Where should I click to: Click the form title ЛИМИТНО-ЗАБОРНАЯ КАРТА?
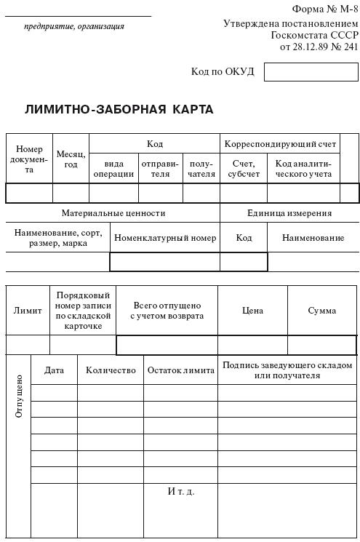coord(119,110)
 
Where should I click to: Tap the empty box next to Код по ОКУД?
coord(311,71)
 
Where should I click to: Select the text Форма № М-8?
coord(325,9)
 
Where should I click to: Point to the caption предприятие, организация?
coord(74,26)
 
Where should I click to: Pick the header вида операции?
coord(114,169)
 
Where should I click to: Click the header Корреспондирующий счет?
coord(280,144)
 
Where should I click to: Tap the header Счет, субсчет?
coord(243,169)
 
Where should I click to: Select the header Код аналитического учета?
coord(303,169)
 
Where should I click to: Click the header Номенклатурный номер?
coord(165,238)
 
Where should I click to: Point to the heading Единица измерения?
coord(289,213)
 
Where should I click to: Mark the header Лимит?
coord(28,311)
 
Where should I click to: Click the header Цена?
coord(252,311)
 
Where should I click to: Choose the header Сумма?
coord(322,311)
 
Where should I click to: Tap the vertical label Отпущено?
coord(19,396)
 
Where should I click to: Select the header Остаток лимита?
coord(181,370)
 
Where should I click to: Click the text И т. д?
coord(181,491)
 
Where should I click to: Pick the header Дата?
coord(55,370)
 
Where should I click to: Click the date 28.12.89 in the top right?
coord(310,47)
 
